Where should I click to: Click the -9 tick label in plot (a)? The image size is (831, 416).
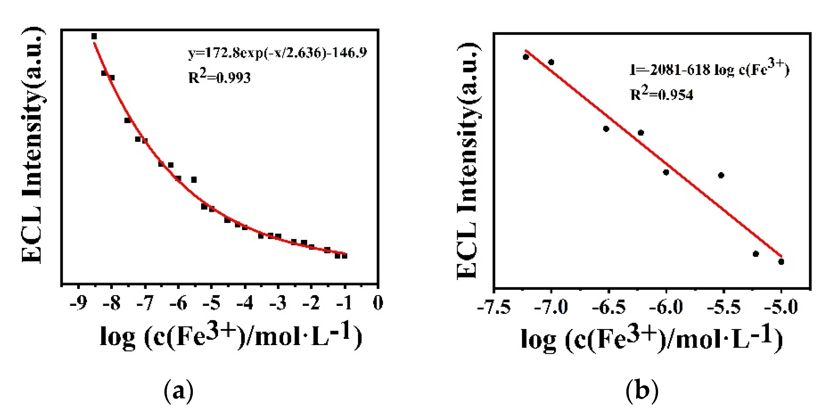coord(78,303)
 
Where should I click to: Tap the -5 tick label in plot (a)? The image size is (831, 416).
coord(212,303)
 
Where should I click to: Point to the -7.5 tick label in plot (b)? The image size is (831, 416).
coord(494,308)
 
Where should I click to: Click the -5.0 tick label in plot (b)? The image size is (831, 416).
coord(781,308)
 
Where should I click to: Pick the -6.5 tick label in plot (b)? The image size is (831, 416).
coord(609,308)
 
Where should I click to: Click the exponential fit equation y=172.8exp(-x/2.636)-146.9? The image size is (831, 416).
coord(278,53)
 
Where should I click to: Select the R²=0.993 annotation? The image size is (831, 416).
coord(219,77)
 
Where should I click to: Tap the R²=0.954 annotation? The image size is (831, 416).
coord(661,94)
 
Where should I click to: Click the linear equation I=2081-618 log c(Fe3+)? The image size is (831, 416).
coord(709,69)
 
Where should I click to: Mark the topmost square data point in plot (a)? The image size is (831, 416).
coord(94,36)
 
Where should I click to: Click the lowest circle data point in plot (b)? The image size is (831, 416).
coord(781,262)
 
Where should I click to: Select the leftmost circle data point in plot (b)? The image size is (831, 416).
coord(526,57)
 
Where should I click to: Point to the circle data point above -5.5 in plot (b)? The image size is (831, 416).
coord(721,175)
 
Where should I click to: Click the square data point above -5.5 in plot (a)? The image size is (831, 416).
coord(194,180)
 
